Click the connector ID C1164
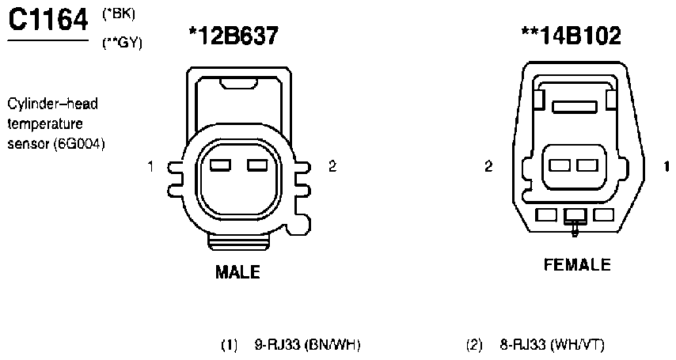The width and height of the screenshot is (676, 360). pos(47,20)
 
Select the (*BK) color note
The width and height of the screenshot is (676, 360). pos(119,14)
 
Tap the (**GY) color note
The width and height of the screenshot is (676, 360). pos(122,43)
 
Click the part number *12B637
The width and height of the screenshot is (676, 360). pos(234,36)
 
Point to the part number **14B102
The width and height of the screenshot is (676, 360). pos(572,36)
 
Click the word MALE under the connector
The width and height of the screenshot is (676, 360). pos(237,272)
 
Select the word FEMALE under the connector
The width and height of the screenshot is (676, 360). pos(577,264)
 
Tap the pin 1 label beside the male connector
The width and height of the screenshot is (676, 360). pos(150,166)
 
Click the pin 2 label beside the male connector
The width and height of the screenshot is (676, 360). pos(332,166)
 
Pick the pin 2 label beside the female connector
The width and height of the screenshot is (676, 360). pos(488,166)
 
